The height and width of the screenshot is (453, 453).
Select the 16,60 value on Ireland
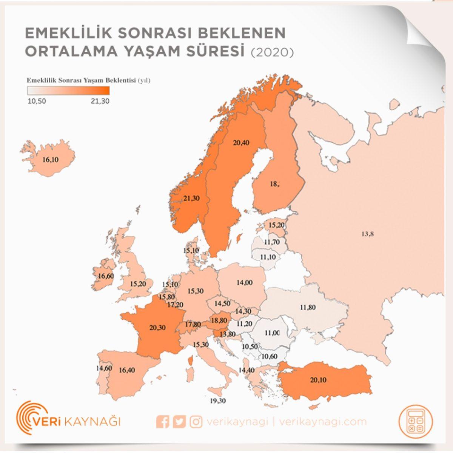pos(106,276)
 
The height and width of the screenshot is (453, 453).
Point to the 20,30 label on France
pos(157,328)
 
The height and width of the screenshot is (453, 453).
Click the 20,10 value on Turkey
pos(318,380)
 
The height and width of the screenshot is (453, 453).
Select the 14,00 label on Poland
pos(244,282)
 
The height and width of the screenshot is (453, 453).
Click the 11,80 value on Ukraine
pos(308,307)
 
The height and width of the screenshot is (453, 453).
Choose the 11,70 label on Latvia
pos(272,242)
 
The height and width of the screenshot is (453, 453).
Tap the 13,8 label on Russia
pos(367,234)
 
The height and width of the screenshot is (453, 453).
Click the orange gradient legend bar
pos(68,91)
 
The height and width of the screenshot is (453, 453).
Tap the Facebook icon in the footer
pos(163,422)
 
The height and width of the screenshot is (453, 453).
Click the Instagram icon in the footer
pos(196,422)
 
